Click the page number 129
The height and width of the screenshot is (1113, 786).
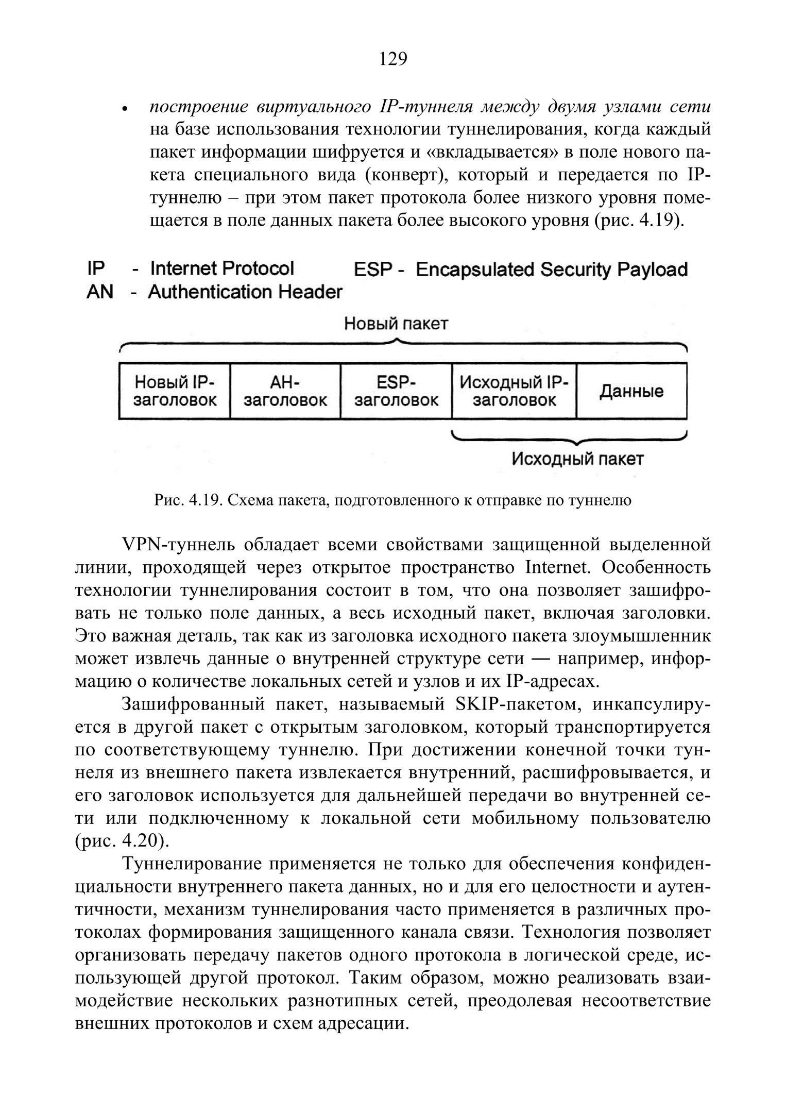(393, 59)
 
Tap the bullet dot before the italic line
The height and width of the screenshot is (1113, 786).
(124, 110)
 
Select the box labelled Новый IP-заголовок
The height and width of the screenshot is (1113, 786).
(175, 391)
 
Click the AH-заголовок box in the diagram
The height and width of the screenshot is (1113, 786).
(285, 391)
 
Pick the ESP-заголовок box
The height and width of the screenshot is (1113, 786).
(396, 391)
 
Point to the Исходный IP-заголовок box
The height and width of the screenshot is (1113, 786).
(514, 391)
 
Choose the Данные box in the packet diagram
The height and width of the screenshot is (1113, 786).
(631, 391)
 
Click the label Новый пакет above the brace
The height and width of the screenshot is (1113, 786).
(396, 324)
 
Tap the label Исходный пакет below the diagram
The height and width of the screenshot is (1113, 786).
(577, 459)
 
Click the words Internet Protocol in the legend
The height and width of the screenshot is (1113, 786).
(222, 268)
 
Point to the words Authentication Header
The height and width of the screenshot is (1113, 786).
(245, 292)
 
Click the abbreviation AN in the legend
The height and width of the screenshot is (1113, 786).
(99, 292)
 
